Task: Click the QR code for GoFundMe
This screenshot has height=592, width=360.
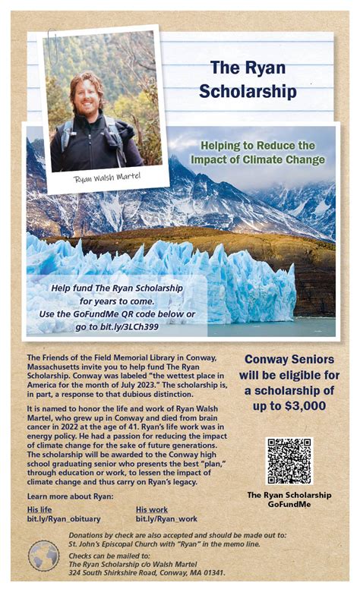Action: (x=289, y=461)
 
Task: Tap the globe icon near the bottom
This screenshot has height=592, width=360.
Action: (x=43, y=556)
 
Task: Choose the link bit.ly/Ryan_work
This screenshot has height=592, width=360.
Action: (x=166, y=519)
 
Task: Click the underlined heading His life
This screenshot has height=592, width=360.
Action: (x=39, y=509)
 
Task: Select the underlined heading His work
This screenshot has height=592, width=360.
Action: (x=152, y=509)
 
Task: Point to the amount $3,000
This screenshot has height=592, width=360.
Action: (x=305, y=406)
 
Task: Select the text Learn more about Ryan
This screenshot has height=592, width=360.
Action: (x=70, y=496)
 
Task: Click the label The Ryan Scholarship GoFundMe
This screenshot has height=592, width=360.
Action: (x=289, y=499)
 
